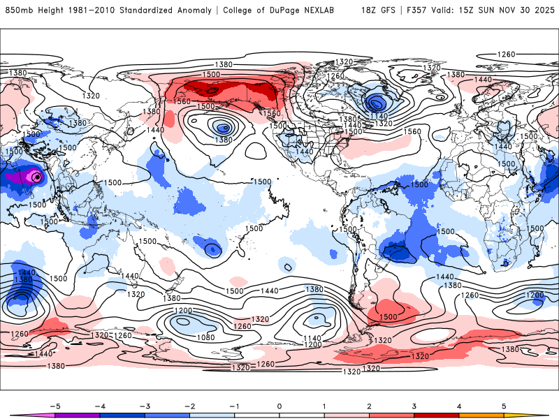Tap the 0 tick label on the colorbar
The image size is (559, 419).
click(x=279, y=405)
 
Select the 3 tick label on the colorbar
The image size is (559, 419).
click(x=414, y=405)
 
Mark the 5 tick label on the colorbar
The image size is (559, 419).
click(x=504, y=405)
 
